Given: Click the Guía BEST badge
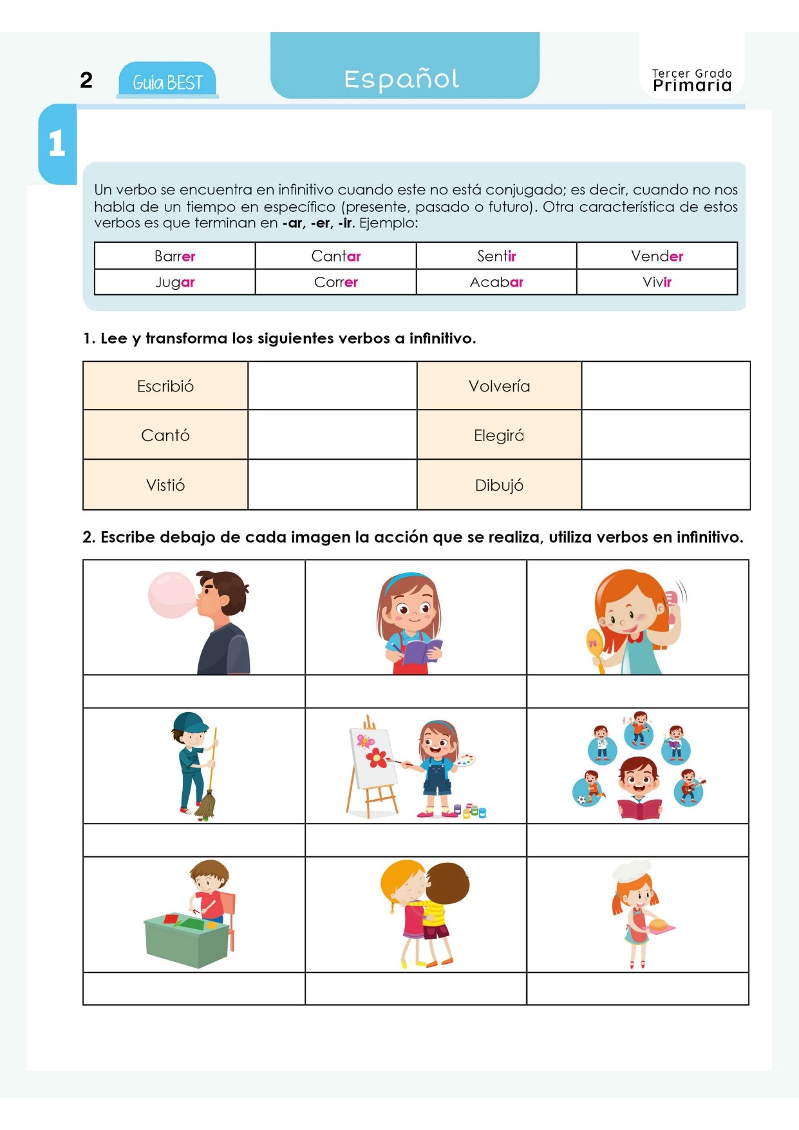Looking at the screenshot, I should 167,82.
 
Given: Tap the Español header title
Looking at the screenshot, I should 402,79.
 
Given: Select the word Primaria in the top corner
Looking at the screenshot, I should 692,86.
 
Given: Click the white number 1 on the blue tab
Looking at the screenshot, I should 57,143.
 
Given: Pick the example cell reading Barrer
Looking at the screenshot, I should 174,256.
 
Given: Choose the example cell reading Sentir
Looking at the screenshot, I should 496,256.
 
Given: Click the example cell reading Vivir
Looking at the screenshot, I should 657,282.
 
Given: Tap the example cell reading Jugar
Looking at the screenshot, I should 174,282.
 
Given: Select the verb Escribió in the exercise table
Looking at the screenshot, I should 165,386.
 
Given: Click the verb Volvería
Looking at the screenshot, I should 499,386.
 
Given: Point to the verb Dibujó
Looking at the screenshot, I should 499,485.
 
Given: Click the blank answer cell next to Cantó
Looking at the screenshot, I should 332,435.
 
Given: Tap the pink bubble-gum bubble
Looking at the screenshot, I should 171,595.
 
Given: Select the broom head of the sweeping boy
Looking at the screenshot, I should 205,807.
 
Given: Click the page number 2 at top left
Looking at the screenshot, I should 86,80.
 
